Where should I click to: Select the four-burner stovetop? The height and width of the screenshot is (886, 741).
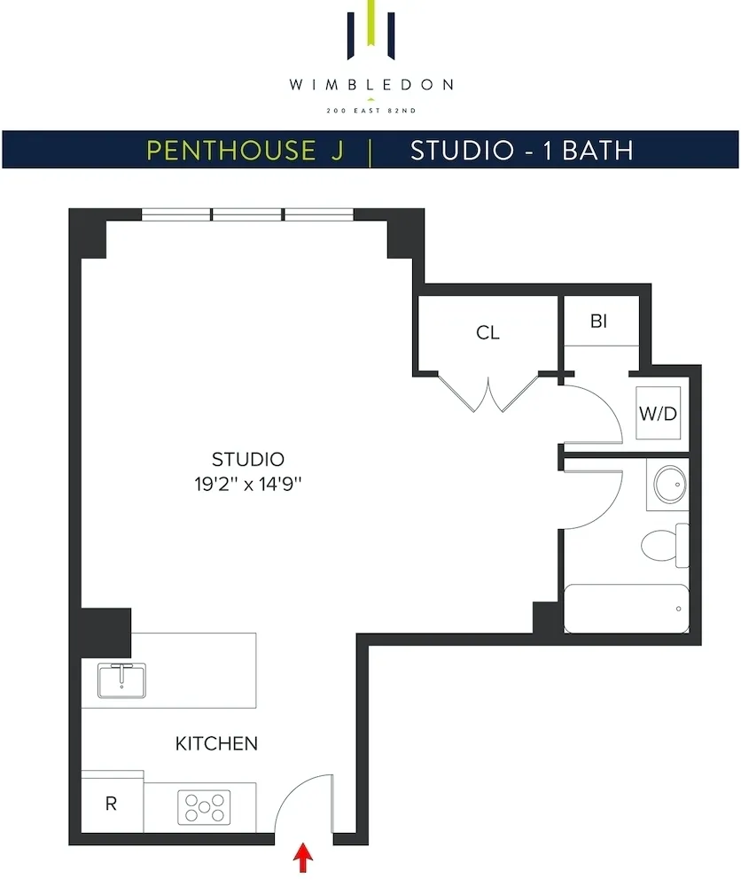[x=204, y=808]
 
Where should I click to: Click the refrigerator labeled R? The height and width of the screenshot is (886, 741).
[x=112, y=804]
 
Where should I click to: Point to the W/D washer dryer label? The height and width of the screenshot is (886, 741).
[x=658, y=414]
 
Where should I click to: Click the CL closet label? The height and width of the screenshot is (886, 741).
[x=487, y=333]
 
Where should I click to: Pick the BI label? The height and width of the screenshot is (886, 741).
[x=599, y=321]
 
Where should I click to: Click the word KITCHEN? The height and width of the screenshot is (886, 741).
[x=216, y=743]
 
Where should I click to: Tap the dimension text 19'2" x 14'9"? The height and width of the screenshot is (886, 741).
[x=248, y=484]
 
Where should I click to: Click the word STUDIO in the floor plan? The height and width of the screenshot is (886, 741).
[x=248, y=459]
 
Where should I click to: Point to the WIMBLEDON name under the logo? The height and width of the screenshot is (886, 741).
[x=370, y=85]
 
